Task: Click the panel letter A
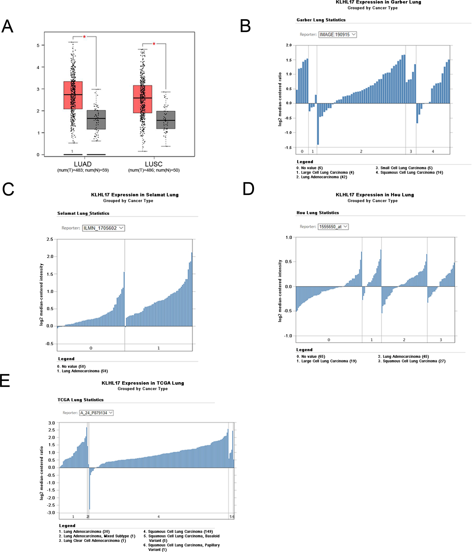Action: point(7,26)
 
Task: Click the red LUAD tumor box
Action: point(73,95)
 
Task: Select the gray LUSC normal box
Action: point(165,120)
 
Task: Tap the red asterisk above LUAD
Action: point(84,37)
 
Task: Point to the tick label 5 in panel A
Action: point(38,46)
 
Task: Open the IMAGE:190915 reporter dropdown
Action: point(337,35)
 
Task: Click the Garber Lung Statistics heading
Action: point(321,20)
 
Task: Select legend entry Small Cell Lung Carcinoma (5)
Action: point(404,168)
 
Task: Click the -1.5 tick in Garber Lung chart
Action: point(289,148)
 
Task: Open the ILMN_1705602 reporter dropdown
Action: point(103,228)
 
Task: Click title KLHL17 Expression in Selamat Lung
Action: point(135,195)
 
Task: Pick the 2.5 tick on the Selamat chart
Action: point(50,239)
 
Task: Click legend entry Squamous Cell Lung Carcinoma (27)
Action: point(411,361)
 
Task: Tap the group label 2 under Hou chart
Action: point(404,340)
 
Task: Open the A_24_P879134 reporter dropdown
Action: point(96,413)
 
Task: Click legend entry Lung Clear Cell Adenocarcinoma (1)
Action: point(92,541)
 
